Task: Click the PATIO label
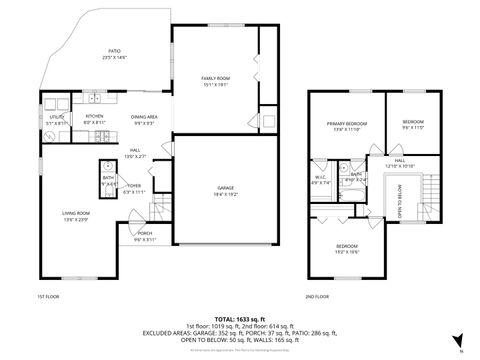(113, 54)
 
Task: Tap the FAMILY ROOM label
(215, 80)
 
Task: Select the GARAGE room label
(225, 190)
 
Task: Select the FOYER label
(134, 188)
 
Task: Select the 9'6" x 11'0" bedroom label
(413, 124)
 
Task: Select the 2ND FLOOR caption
(317, 297)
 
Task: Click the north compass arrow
(458, 341)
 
